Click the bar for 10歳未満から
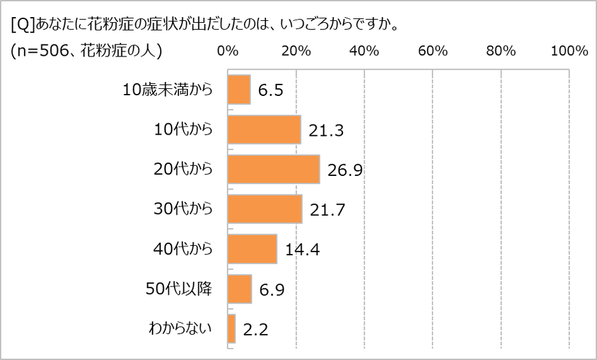239,90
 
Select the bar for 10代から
264,130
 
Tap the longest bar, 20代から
273,170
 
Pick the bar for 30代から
264,210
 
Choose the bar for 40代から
252,249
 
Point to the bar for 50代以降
239,289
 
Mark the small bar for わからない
231,329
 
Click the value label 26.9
345,170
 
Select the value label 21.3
326,130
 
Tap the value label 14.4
302,250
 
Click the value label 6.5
270,91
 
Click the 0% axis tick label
227,51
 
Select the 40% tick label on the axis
364,51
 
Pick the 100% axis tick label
569,51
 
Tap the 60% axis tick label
433,51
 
